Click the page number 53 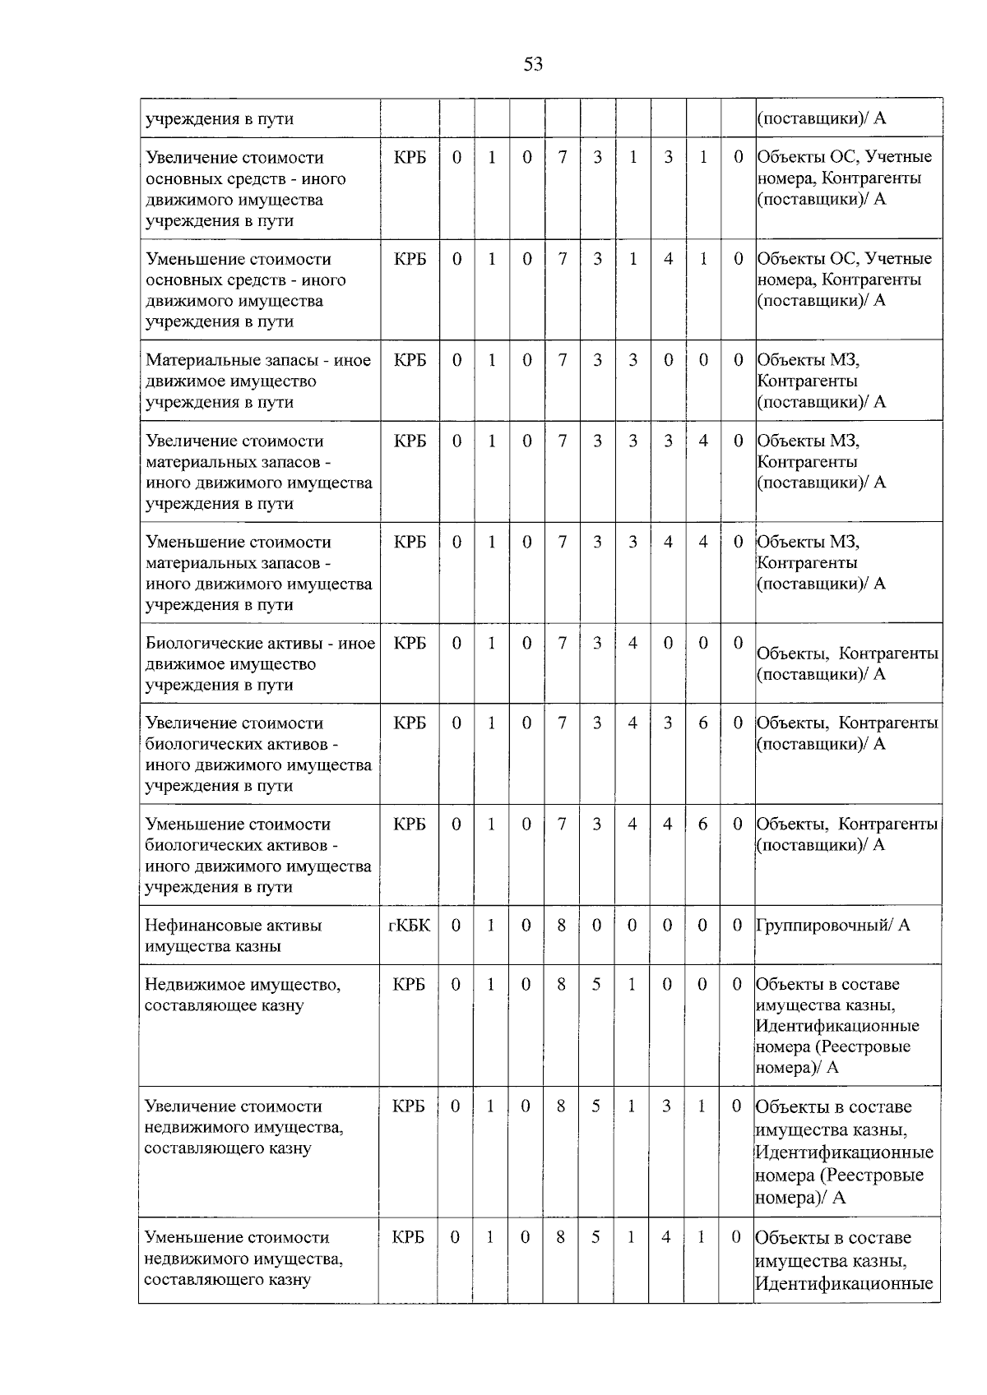point(533,64)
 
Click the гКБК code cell point(409,925)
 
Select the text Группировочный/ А point(832,925)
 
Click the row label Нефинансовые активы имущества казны point(233,935)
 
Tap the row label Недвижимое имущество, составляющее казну point(242,995)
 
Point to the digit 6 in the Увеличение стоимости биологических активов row point(703,723)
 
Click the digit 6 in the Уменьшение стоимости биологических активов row point(702,824)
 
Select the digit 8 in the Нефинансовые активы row point(561,925)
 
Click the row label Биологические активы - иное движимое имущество point(260,663)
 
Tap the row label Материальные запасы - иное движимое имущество point(258,381)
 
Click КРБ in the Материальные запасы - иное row point(410,360)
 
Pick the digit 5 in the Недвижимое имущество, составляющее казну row point(596,984)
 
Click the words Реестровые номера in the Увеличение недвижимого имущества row point(839,1186)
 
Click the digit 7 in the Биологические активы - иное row point(562,643)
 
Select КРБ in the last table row point(409,1237)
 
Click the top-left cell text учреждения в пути point(220,118)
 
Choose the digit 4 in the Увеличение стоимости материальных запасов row point(703,441)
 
